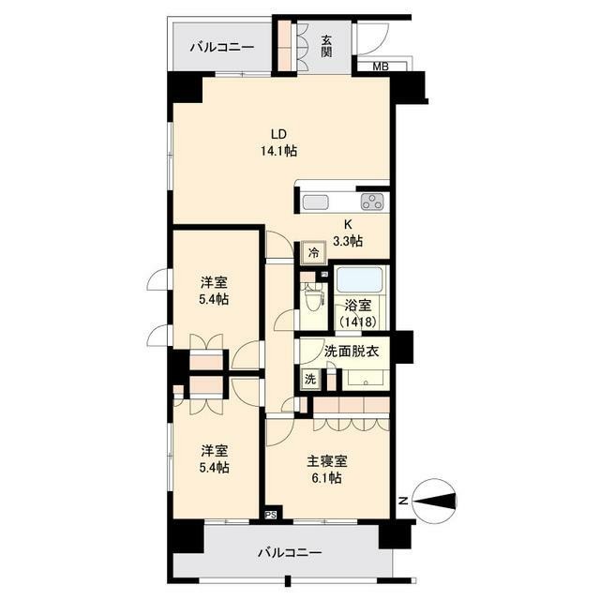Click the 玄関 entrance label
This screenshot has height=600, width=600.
326,46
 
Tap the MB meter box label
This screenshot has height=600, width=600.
380,67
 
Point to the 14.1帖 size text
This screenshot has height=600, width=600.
278,150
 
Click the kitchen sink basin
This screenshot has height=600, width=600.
315,202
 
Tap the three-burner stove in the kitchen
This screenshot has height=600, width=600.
372,202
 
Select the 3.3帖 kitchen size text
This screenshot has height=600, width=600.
347,241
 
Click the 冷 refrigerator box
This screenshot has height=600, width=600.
313,251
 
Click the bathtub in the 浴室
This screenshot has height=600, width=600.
359,281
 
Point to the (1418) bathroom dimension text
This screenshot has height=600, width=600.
359,322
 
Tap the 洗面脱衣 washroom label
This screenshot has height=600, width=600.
351,352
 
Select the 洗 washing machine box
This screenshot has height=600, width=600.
309,379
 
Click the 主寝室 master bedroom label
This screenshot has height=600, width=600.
327,461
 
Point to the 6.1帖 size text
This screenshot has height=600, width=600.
327,478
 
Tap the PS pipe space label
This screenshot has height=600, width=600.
271,514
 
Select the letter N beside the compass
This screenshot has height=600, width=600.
402,501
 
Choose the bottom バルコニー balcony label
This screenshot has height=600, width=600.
290,552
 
